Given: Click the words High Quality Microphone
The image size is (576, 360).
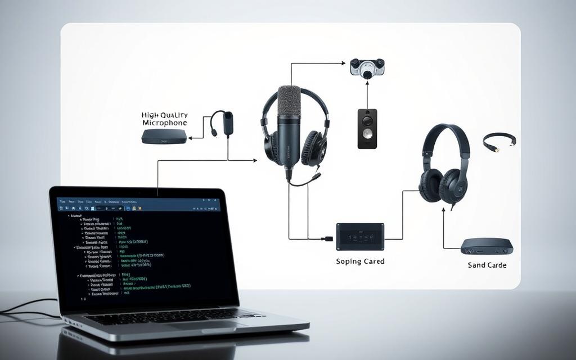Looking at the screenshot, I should (164, 118).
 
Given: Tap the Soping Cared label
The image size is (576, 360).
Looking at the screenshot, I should (360, 262).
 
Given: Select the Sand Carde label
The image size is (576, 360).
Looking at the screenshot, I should (487, 265).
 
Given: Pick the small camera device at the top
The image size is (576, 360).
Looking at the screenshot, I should (367, 66).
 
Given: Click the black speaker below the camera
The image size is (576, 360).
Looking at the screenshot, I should (367, 129).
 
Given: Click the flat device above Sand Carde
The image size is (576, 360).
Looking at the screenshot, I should (487, 245).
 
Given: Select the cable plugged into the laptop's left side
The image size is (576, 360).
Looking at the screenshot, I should (28, 309).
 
